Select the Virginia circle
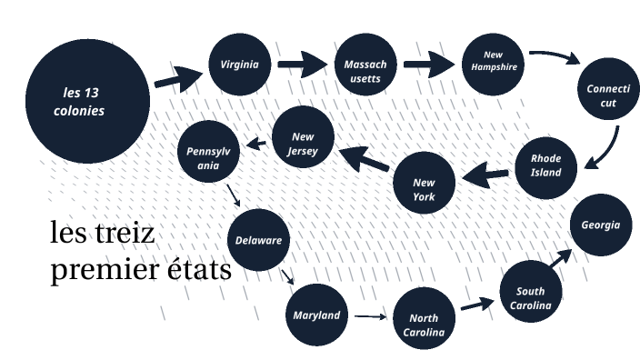(240, 65)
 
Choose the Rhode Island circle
(546, 165)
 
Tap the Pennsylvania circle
(210, 152)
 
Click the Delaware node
(258, 241)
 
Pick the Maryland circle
(316, 315)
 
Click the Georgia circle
(601, 225)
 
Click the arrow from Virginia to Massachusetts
(302, 65)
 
